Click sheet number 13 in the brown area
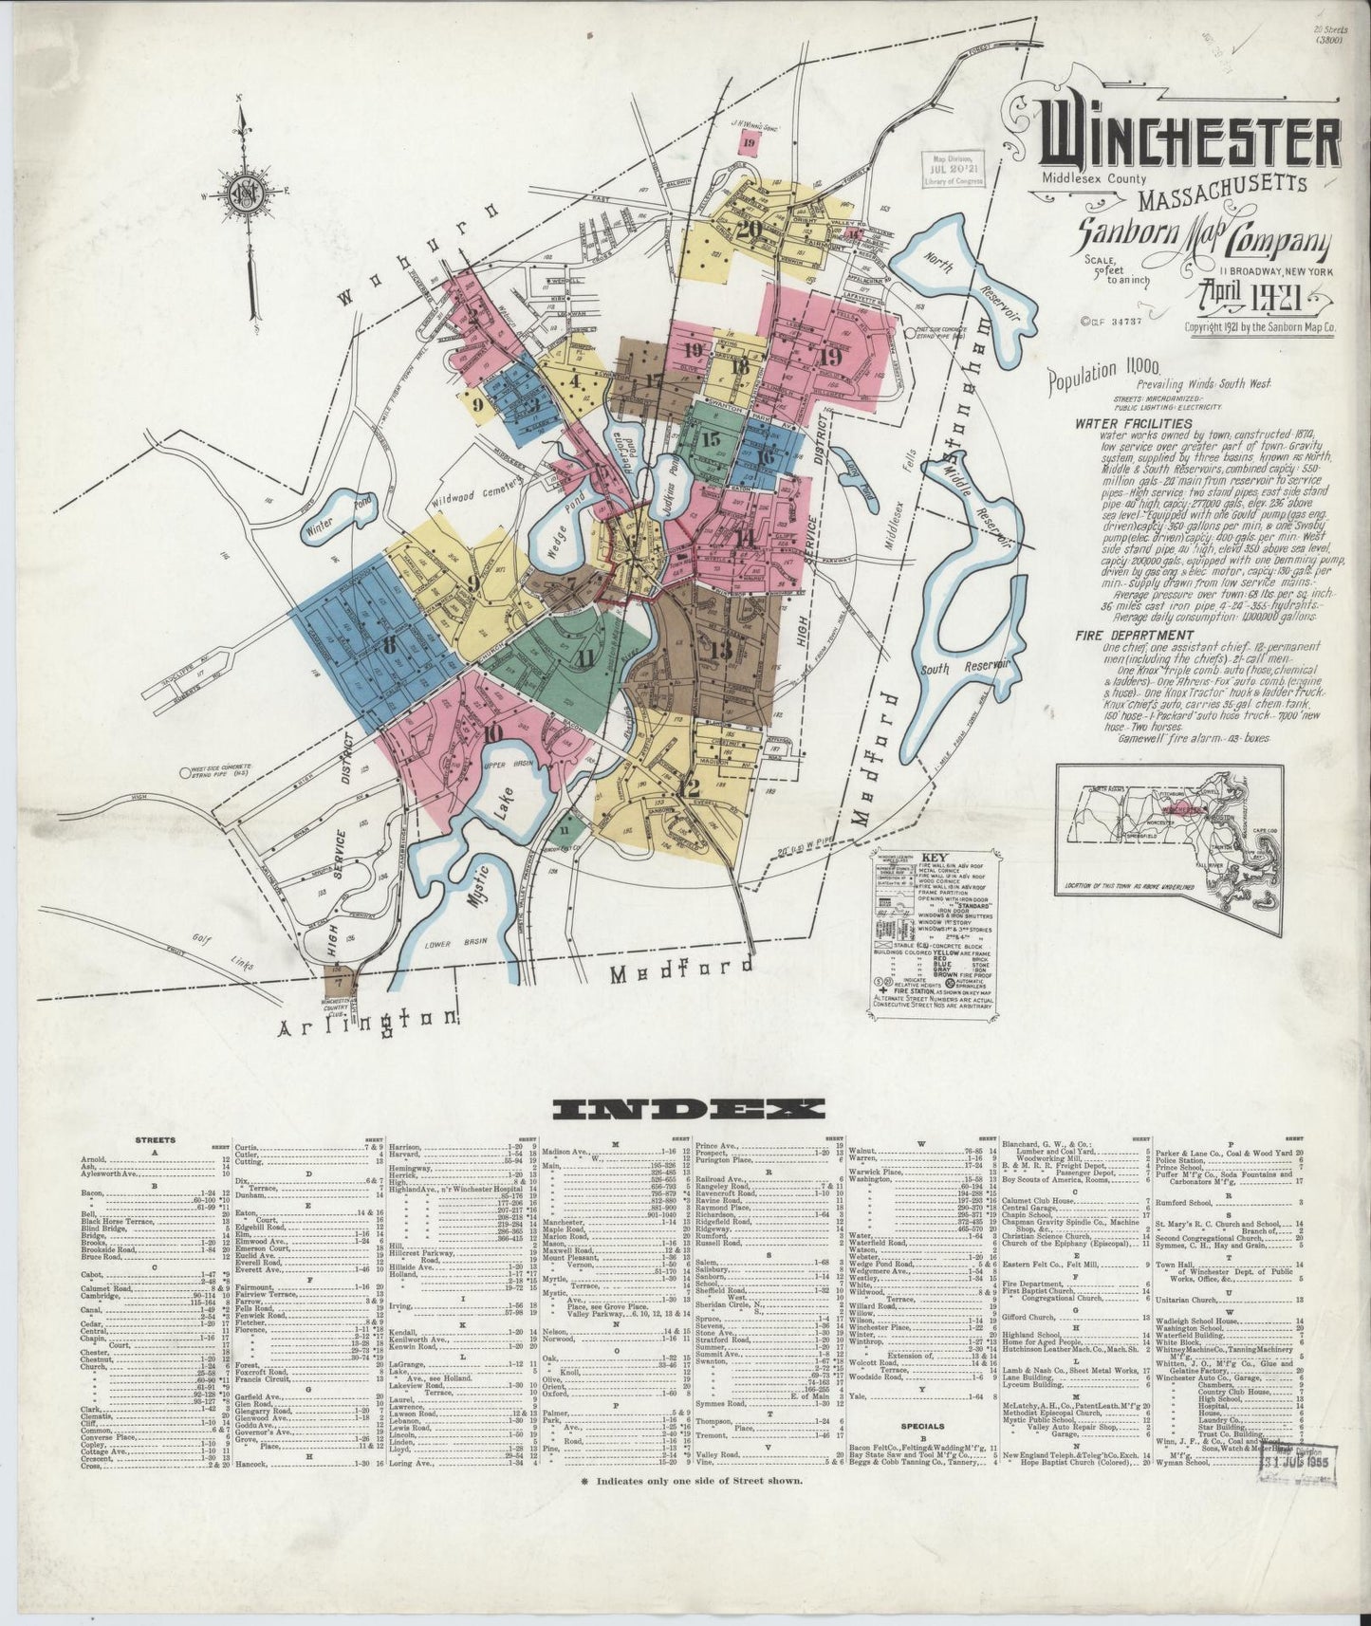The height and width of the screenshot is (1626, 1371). (720, 650)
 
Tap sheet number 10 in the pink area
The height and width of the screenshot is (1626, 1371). (491, 733)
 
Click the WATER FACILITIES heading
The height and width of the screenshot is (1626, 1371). (1133, 423)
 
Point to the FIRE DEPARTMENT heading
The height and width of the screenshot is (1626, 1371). (1134, 635)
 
